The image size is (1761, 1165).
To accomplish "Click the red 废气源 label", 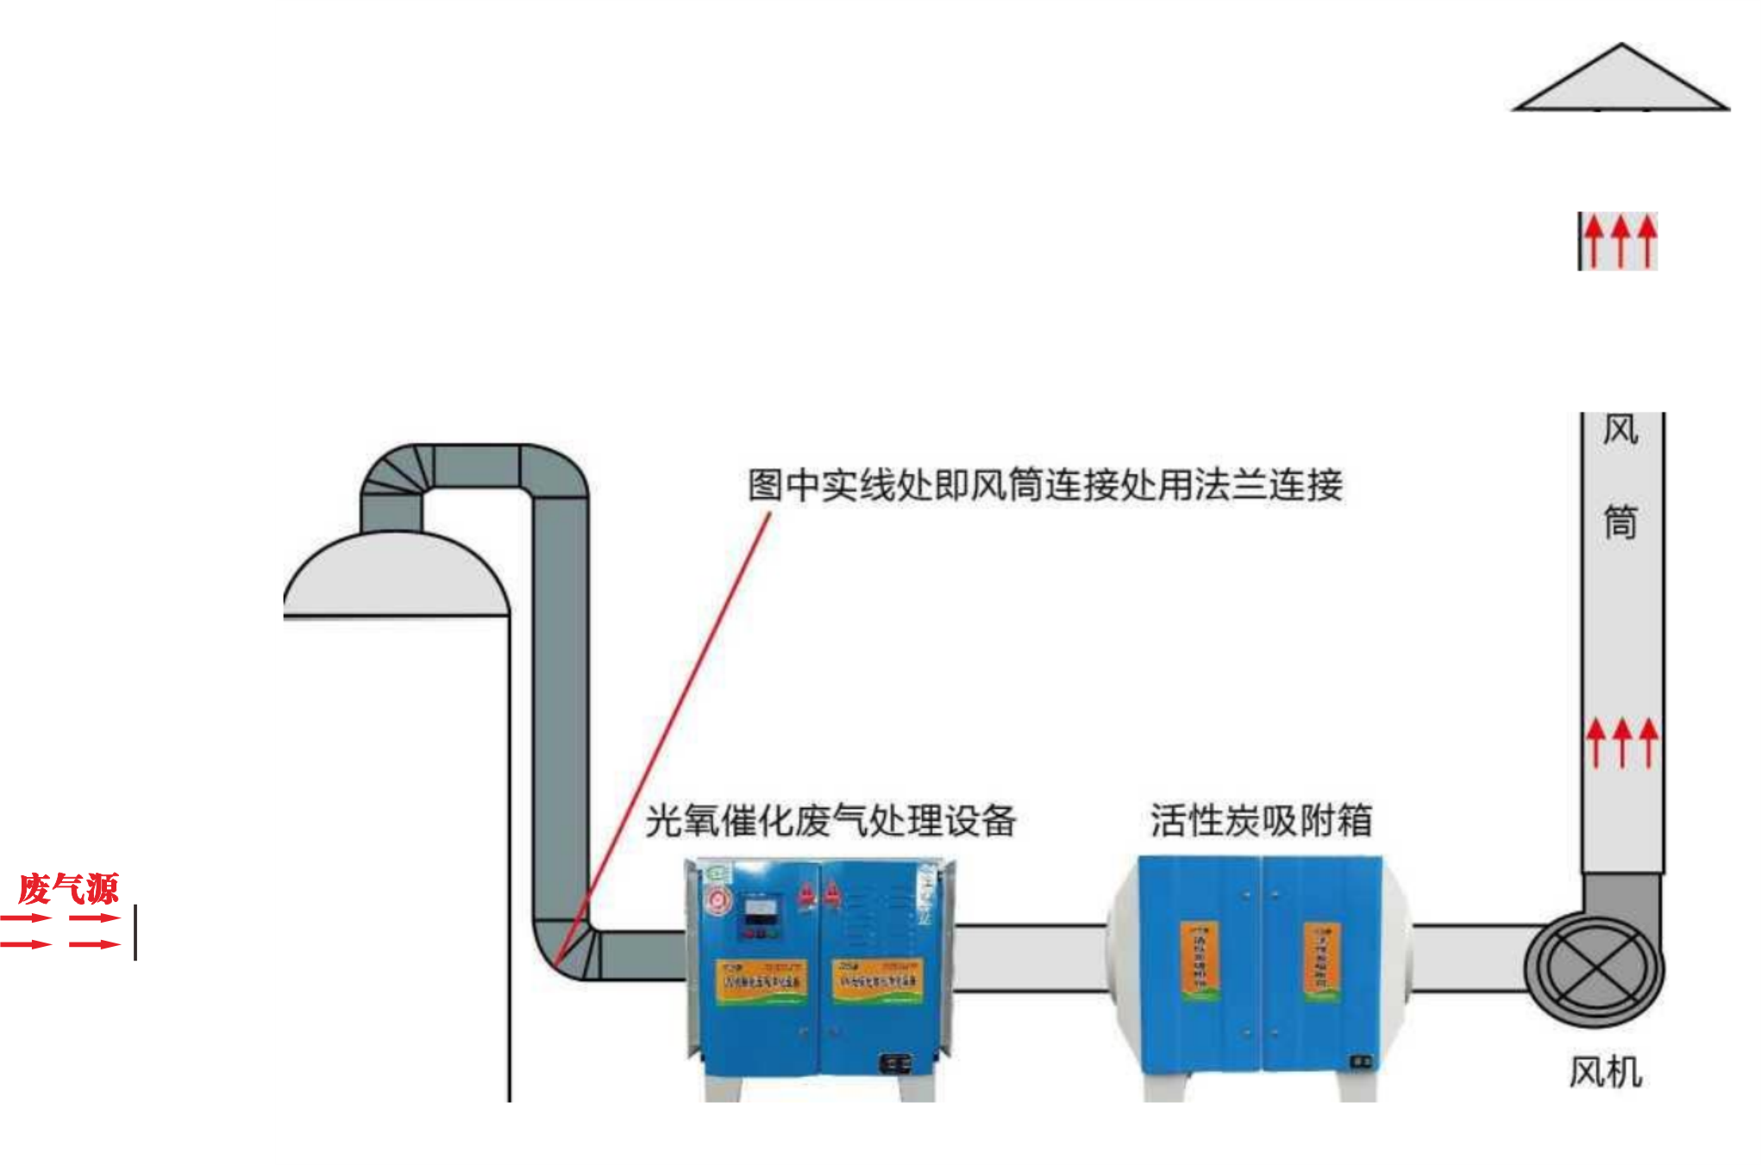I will (x=68, y=889).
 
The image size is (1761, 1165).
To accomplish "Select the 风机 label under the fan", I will (x=1605, y=1073).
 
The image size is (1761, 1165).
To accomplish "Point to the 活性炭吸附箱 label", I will (x=1260, y=820).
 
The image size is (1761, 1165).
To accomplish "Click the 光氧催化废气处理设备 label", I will (x=830, y=820).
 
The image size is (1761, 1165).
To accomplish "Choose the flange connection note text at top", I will (x=1044, y=485).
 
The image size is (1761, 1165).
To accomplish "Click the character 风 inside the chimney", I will (x=1620, y=429).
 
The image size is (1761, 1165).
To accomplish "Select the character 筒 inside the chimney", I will (x=1620, y=523).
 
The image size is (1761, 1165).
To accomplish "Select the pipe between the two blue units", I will (x=1031, y=957).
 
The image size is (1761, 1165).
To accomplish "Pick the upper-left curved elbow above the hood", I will (x=392, y=474).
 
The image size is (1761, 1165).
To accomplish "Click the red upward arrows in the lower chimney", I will (x=1622, y=742).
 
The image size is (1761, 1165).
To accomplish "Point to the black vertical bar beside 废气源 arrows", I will (x=135, y=932).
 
